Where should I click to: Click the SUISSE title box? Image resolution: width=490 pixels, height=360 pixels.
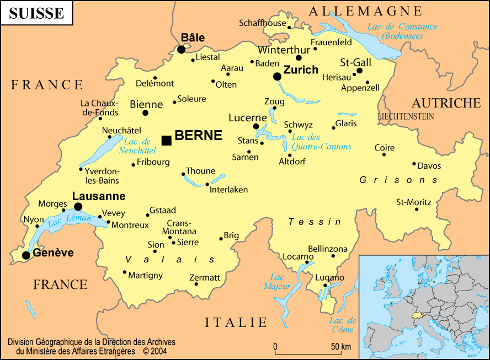(36, 13)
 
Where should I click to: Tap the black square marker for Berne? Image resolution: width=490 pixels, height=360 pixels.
(166, 141)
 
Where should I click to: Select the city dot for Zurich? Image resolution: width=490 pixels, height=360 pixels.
(277, 77)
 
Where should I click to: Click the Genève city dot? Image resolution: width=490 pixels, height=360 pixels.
(26, 255)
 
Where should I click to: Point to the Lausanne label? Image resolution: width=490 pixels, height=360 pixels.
(99, 196)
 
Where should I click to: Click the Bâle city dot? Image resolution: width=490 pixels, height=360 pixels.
(181, 50)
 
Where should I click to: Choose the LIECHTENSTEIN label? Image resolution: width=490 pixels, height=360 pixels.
(406, 117)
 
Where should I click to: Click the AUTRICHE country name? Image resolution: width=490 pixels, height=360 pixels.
(446, 103)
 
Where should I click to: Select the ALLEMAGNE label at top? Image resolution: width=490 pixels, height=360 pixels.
(365, 11)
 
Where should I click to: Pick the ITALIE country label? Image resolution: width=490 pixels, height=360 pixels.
(236, 323)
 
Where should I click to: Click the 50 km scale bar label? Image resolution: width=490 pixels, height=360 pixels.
(340, 347)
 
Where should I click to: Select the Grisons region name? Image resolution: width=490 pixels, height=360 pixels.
(398, 180)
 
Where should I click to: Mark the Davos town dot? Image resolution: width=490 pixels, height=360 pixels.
(414, 164)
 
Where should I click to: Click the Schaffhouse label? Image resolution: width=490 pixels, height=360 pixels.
(262, 23)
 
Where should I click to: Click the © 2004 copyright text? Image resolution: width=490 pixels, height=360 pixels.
(155, 351)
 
